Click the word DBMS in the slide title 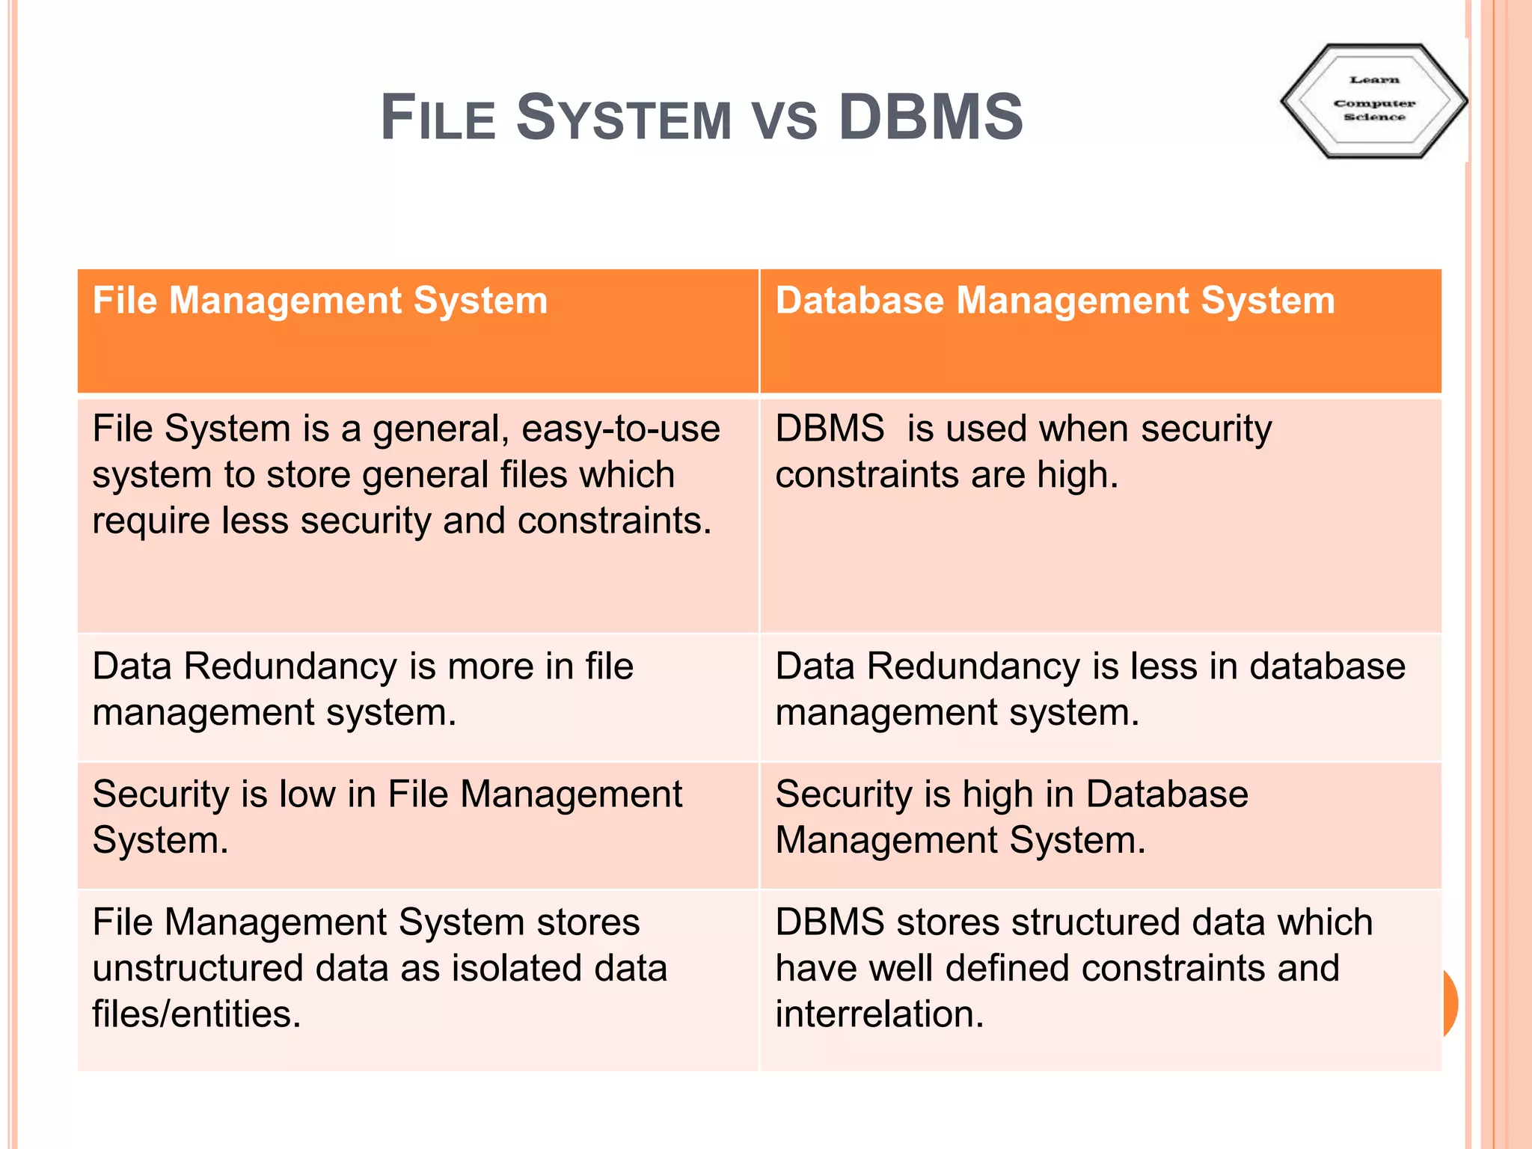(x=931, y=117)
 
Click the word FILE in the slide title (x=438, y=117)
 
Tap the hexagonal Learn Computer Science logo (x=1373, y=100)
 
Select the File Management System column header (x=320, y=301)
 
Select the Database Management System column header (x=1055, y=301)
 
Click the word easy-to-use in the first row (x=620, y=429)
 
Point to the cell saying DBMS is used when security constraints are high (x=1023, y=452)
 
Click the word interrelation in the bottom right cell (x=879, y=1014)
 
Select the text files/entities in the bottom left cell (x=196, y=1014)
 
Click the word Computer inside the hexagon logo (x=1374, y=103)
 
